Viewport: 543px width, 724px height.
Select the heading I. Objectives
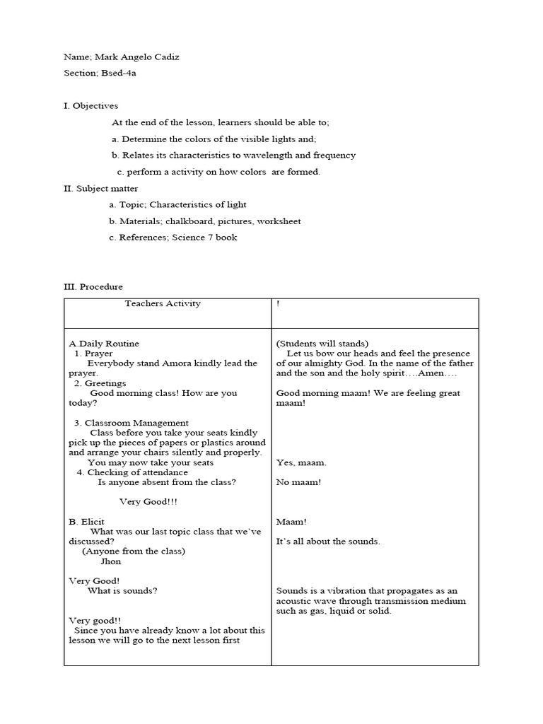click(91, 106)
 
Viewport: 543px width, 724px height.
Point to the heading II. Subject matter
click(101, 188)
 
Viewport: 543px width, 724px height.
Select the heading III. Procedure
click(93, 286)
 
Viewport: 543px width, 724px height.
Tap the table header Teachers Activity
click(163, 303)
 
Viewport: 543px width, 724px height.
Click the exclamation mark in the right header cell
click(278, 304)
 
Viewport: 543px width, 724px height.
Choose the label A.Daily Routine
click(104, 344)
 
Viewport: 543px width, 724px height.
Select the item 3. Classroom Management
click(132, 423)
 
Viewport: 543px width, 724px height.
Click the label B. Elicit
click(86, 522)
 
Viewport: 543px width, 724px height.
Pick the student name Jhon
click(111, 561)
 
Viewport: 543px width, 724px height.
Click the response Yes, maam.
click(301, 462)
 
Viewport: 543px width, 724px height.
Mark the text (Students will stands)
click(322, 344)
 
